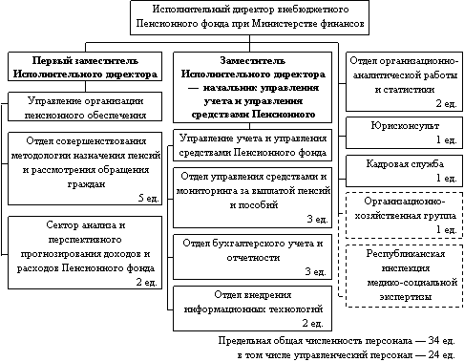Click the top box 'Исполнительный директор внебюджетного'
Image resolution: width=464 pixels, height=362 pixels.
(249, 17)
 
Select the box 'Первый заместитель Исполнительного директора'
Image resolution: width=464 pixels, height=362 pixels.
(85, 67)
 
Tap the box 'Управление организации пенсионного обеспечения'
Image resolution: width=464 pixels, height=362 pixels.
(85, 107)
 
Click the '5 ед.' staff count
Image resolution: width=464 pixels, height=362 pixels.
(149, 198)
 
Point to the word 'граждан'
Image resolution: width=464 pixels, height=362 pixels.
(86, 184)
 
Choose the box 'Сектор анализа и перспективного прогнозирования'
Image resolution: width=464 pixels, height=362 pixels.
(85, 253)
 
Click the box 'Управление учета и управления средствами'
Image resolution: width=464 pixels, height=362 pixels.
(252, 145)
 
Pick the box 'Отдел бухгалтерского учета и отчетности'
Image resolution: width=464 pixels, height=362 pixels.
(252, 257)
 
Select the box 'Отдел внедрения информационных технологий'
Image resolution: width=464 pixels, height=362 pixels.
(252, 309)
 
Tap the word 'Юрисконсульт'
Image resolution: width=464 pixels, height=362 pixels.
(405, 126)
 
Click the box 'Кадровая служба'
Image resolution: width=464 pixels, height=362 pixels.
(404, 171)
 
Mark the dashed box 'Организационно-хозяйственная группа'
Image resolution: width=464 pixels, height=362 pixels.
(404, 215)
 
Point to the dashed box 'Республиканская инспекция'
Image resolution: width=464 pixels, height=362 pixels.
(404, 276)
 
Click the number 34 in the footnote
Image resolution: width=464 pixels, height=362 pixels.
(433, 340)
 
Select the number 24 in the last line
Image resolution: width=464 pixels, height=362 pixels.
(433, 354)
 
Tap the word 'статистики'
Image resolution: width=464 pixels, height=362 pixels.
(405, 90)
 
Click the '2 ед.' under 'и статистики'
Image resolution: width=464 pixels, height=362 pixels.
(446, 103)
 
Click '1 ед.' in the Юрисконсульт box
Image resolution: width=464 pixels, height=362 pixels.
(446, 139)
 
